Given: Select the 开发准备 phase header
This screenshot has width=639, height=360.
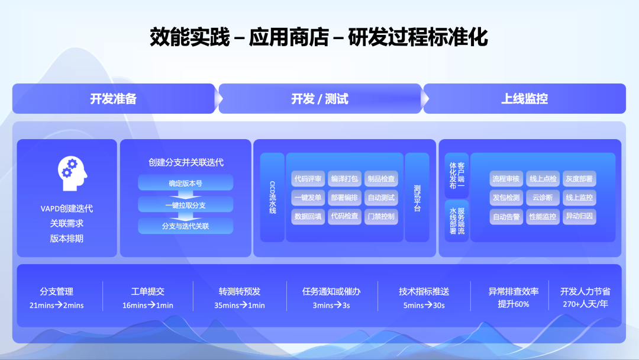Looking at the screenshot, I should (x=114, y=99).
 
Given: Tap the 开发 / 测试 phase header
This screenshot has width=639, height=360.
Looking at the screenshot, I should (x=319, y=99).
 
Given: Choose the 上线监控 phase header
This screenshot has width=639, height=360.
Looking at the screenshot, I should (x=524, y=99).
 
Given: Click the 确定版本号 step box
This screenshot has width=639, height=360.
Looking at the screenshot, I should (x=185, y=183).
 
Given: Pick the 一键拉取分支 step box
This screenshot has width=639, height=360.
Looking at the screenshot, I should (x=185, y=204).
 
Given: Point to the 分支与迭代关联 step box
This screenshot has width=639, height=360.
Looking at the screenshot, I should (x=185, y=226).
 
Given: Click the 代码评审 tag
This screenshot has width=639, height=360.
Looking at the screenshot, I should (x=308, y=179).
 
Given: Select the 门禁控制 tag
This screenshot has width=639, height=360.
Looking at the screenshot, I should (x=381, y=216).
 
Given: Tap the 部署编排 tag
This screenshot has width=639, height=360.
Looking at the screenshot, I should (x=344, y=198).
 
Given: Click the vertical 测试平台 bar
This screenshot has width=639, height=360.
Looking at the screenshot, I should (x=417, y=198).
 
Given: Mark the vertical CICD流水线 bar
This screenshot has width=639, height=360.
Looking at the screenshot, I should (x=273, y=198).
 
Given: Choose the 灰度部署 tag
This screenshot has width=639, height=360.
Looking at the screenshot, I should (x=579, y=179).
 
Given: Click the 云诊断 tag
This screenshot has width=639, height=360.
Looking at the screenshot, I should (x=543, y=198).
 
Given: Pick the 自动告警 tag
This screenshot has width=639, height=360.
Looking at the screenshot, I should (x=506, y=217).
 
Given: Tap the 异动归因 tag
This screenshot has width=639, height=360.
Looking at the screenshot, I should (x=579, y=217).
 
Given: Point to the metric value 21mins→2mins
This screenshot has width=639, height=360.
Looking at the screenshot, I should (x=56, y=306).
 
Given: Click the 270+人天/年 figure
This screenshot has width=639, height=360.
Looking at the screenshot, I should (x=585, y=304).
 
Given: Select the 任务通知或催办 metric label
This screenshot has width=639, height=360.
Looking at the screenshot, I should (x=331, y=291).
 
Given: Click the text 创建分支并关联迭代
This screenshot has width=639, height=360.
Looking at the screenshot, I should (x=185, y=162).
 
